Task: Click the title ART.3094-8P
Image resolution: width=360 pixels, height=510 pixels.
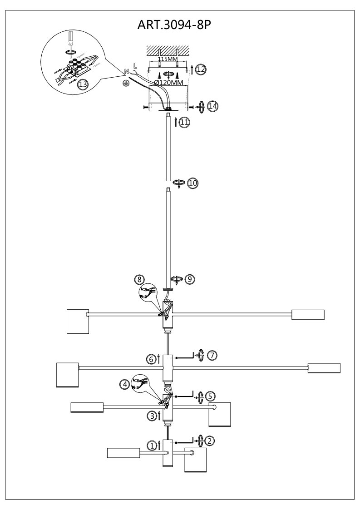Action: [174, 25]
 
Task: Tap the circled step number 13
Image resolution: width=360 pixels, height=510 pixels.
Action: [83, 84]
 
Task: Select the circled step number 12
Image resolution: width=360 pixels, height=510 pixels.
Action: [201, 69]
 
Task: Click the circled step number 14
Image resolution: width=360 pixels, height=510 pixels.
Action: [212, 106]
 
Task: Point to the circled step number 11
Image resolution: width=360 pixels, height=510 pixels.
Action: [184, 123]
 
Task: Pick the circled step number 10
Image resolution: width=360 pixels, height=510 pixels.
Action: [193, 183]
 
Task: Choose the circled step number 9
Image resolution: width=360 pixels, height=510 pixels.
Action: [190, 279]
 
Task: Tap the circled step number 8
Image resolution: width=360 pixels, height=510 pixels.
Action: [139, 279]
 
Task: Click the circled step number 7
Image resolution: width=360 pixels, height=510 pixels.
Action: [212, 355]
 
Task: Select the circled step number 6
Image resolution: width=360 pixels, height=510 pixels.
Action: [151, 359]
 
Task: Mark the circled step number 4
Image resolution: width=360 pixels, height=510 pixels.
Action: [125, 385]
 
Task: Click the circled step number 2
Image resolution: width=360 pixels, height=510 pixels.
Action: [210, 441]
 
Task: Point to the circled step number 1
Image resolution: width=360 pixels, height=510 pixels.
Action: [152, 445]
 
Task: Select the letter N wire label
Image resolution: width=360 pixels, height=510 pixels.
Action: [127, 72]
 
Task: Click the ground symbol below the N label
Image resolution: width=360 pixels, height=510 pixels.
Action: [124, 83]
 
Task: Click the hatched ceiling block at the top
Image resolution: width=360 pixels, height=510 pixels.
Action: [168, 50]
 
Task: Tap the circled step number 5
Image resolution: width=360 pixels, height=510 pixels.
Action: [210, 396]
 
